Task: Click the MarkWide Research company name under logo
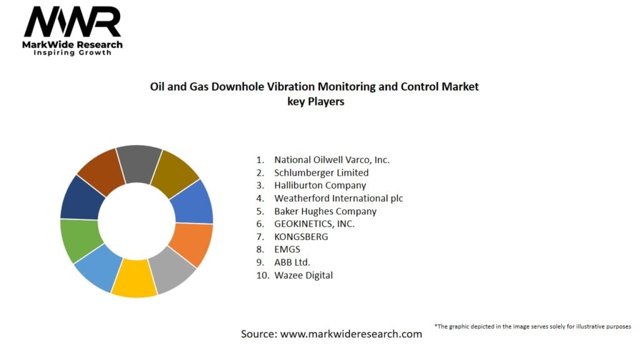tap(72, 44)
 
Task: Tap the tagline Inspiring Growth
tap(72, 52)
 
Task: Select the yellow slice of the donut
tap(134, 278)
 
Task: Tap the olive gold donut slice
tap(174, 167)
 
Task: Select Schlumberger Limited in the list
tap(321, 172)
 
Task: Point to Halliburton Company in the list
tap(320, 185)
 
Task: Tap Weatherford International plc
tap(338, 198)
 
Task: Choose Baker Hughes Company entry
tap(325, 211)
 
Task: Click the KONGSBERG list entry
tap(301, 237)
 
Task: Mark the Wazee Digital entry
tap(303, 275)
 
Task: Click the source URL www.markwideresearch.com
tap(351, 334)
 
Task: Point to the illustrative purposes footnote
tap(532, 326)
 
